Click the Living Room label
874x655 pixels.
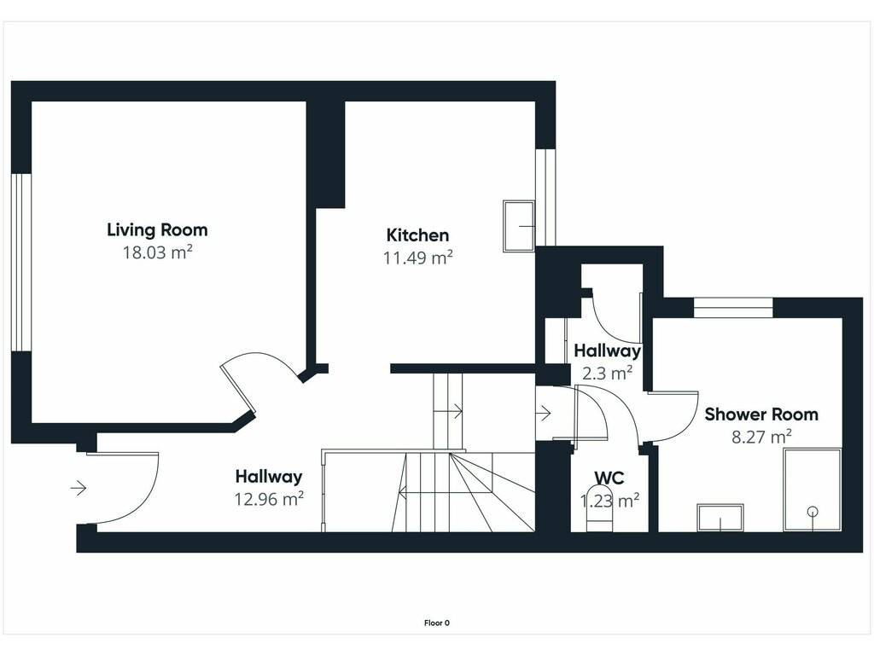[x=157, y=229]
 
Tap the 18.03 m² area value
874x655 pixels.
[x=157, y=252]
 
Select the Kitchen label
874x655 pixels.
[x=417, y=235]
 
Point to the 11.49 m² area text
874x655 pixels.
[x=417, y=258]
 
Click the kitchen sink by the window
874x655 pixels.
[x=519, y=226]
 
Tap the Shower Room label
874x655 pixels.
[x=761, y=414]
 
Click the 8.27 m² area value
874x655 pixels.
[x=761, y=437]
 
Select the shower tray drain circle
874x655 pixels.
[x=813, y=511]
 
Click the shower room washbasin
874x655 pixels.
[x=720, y=518]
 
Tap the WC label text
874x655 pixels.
[x=609, y=478]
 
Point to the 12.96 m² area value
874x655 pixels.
[x=269, y=498]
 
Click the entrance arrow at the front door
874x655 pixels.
[x=78, y=489]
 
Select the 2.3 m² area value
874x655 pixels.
[x=607, y=373]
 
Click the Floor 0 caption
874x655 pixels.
[x=436, y=623]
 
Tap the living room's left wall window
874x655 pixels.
[x=21, y=263]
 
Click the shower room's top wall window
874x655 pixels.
[x=733, y=308]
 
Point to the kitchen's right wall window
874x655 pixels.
[x=545, y=197]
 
